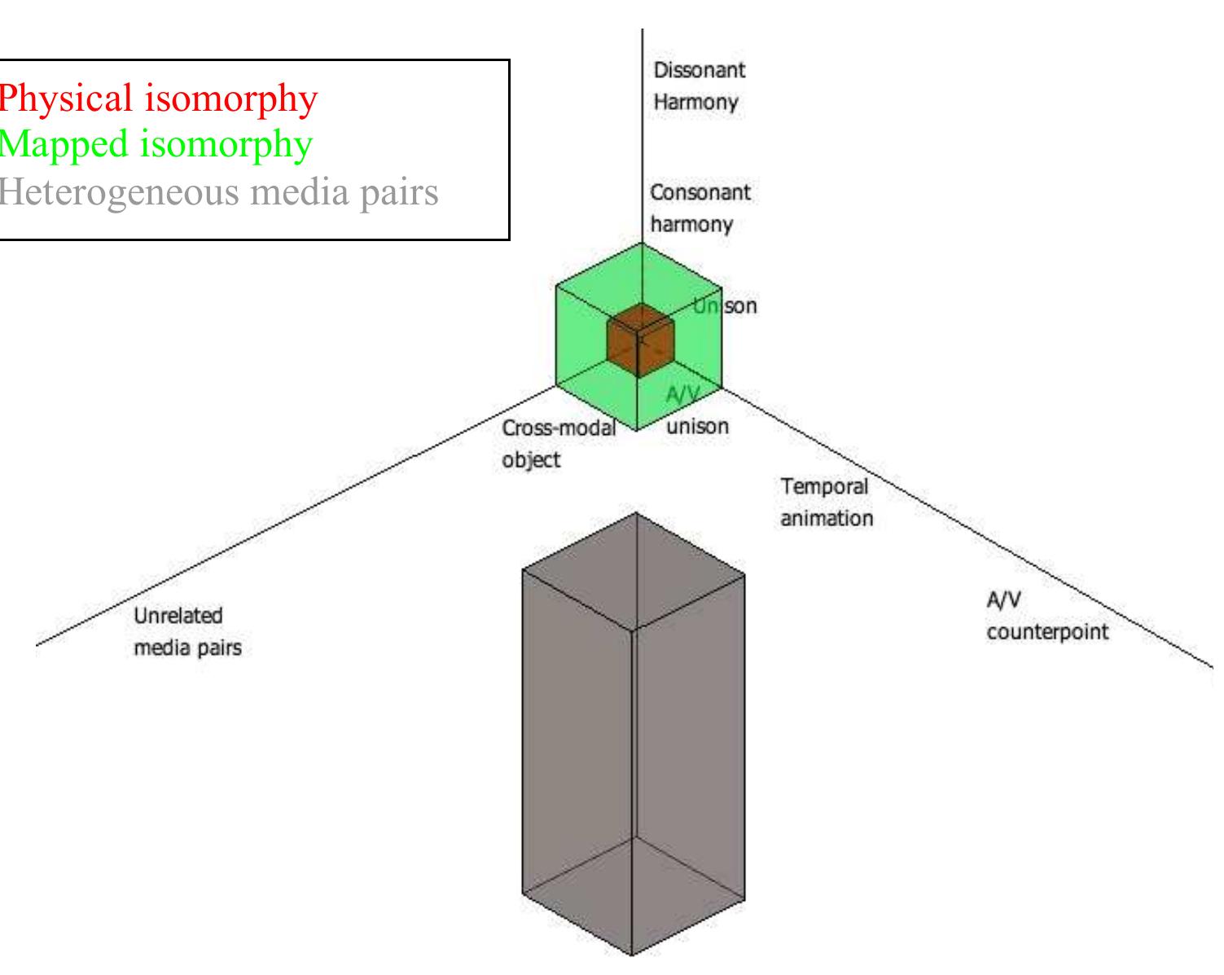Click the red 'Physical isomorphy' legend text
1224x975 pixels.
[x=157, y=99]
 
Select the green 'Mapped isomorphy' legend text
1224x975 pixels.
[x=155, y=145]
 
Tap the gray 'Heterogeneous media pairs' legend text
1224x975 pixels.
[x=218, y=192]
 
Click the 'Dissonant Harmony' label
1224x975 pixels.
[x=699, y=86]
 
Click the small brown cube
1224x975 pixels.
[x=640, y=340]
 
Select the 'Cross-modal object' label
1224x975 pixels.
[x=558, y=443]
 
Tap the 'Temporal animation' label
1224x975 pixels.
[x=826, y=502]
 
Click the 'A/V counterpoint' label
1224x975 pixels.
[x=1046, y=616]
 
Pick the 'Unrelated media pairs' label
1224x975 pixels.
[x=187, y=632]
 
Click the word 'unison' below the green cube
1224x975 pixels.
[x=698, y=426]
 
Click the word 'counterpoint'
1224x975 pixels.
[x=1046, y=632]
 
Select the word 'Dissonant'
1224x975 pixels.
[x=699, y=70]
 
